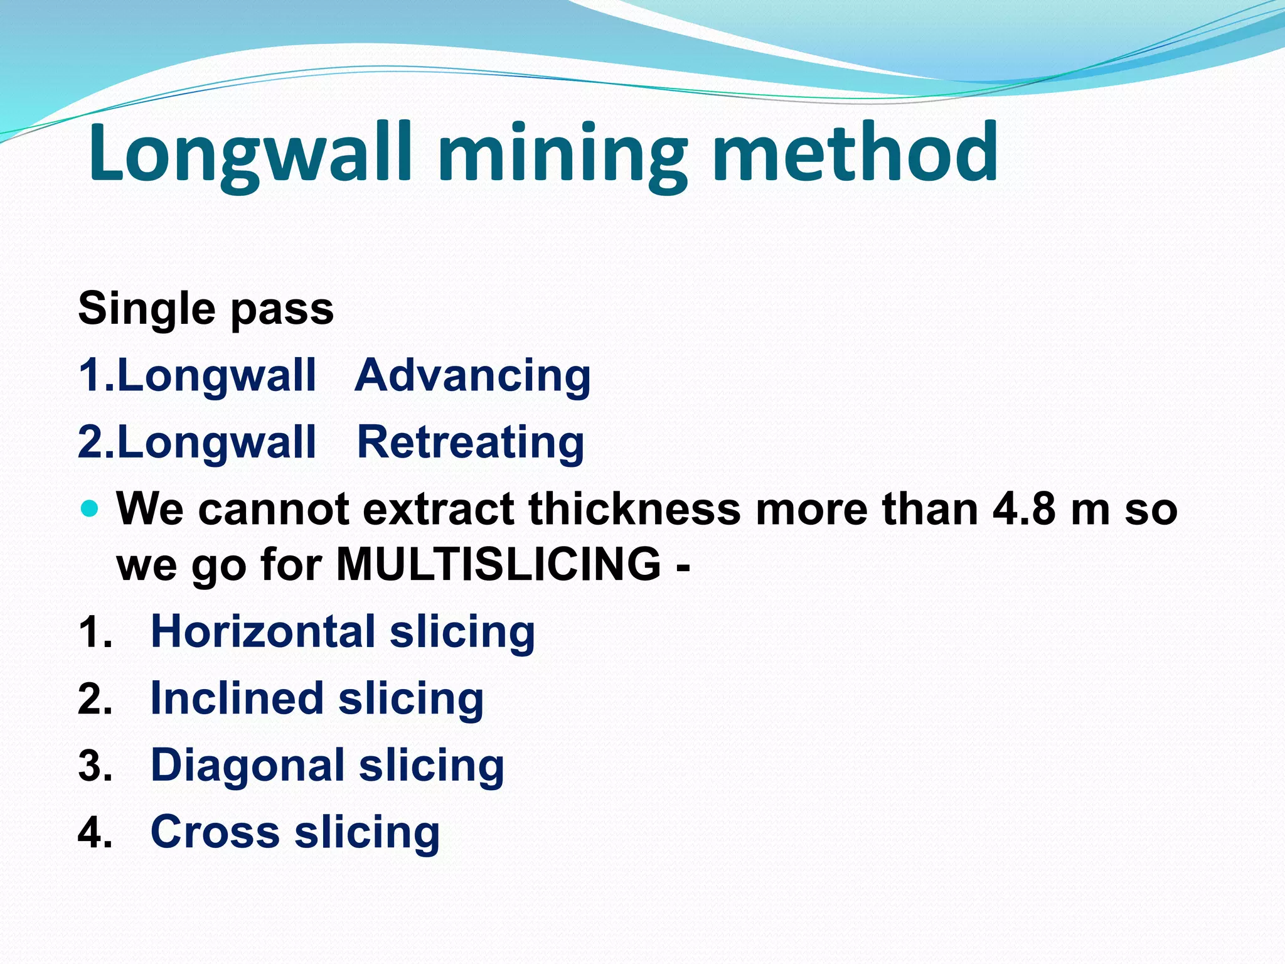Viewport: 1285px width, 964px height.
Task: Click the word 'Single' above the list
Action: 146,309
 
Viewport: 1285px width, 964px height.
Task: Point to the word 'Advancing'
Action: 472,376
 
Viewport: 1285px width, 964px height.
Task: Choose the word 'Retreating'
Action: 471,442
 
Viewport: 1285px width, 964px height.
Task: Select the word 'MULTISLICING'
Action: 499,564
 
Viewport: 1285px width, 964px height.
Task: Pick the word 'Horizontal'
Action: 264,631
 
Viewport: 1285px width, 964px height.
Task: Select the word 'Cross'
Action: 215,832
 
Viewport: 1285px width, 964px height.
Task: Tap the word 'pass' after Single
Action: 282,310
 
